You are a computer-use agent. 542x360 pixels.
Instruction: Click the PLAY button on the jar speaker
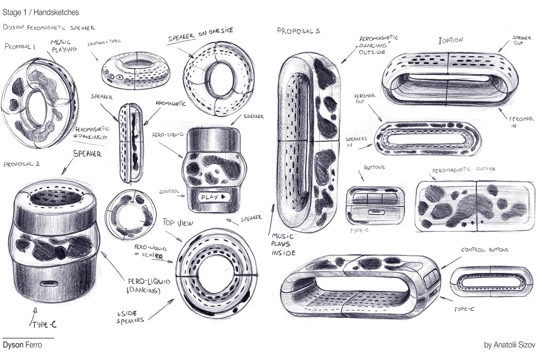click(213, 197)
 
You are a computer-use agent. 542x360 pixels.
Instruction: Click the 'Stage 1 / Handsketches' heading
click(41, 13)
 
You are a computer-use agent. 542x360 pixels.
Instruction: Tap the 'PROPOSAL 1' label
click(20, 47)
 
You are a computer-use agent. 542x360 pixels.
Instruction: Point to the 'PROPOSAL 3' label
click(299, 31)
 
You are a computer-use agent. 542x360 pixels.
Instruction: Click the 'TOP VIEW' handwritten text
click(178, 222)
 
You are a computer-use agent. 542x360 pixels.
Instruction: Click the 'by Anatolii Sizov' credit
click(509, 345)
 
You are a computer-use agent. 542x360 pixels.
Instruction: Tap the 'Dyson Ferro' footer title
click(22, 345)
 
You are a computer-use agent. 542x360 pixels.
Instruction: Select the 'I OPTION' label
click(451, 40)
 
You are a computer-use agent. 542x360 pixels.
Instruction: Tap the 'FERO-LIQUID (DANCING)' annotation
click(143, 285)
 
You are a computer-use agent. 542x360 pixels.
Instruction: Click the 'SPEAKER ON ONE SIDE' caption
click(200, 35)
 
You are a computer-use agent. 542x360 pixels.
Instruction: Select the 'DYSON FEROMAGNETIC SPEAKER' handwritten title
click(48, 28)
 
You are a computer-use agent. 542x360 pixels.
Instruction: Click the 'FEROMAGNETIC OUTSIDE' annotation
click(463, 169)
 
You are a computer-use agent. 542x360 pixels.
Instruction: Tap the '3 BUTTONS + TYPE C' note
click(104, 44)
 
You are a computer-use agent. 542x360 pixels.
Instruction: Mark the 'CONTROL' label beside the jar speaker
click(169, 192)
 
